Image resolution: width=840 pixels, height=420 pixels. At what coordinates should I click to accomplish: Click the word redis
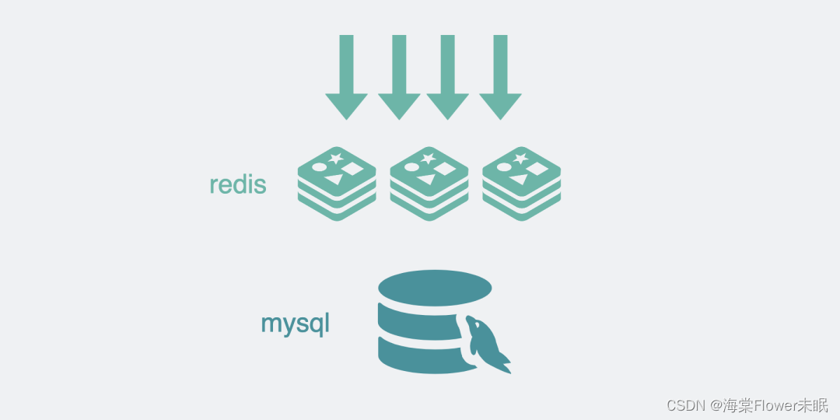238,185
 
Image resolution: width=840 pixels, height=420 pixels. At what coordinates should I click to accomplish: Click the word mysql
295,322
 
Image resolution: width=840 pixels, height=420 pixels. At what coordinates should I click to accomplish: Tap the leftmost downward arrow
346,76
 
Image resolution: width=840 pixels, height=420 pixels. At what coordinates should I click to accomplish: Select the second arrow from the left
399,76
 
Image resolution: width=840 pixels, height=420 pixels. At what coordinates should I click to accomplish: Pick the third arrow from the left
447,76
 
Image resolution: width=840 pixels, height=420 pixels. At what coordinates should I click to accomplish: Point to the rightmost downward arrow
500,76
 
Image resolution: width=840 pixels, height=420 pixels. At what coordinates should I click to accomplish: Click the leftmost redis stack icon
337,184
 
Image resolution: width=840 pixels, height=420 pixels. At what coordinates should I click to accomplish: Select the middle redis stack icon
429,184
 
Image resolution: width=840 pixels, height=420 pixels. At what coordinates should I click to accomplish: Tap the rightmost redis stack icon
521,184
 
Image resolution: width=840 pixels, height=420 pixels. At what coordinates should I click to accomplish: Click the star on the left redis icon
336,158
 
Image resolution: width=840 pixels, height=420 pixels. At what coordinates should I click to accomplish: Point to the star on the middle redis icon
428,158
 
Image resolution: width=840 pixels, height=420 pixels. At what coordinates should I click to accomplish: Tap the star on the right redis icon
520,158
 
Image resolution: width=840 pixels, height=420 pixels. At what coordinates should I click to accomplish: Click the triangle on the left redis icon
334,180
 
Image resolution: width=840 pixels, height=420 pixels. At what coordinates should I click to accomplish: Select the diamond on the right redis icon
538,167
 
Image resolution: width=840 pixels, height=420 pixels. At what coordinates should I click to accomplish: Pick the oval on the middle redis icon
411,166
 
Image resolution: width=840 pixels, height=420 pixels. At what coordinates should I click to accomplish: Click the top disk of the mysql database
435,288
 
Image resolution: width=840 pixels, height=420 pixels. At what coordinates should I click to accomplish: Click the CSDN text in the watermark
685,405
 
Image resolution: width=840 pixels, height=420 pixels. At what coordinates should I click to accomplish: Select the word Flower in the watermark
778,405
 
